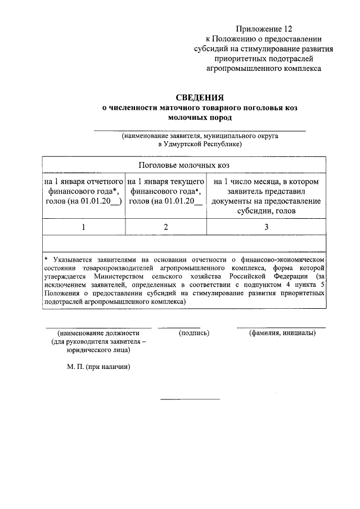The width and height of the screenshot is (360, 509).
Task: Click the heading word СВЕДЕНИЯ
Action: point(200,97)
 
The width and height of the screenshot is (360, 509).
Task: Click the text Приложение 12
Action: point(264,28)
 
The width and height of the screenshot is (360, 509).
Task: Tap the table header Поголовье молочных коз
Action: point(184,166)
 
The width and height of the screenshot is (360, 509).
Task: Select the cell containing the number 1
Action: point(84,227)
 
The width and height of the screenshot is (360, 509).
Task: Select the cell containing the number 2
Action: point(166,227)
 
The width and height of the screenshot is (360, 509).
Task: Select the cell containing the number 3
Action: point(266,227)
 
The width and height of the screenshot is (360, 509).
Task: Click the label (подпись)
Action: point(194,334)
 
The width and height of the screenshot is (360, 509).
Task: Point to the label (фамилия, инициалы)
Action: point(282,334)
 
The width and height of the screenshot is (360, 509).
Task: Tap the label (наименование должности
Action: point(98,334)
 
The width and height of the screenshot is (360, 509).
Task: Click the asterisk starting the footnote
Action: point(47,260)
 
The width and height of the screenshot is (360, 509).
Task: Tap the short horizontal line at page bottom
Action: point(190,399)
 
